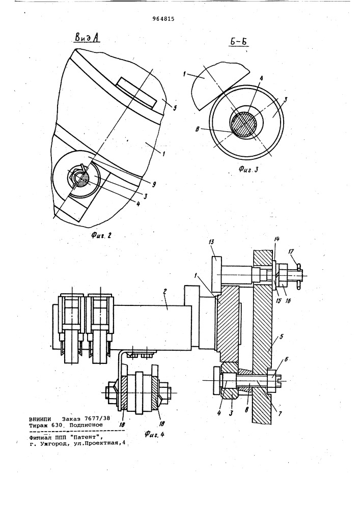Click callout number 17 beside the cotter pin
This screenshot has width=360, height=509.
[x=291, y=251]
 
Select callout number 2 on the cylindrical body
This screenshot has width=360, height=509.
[x=164, y=292]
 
